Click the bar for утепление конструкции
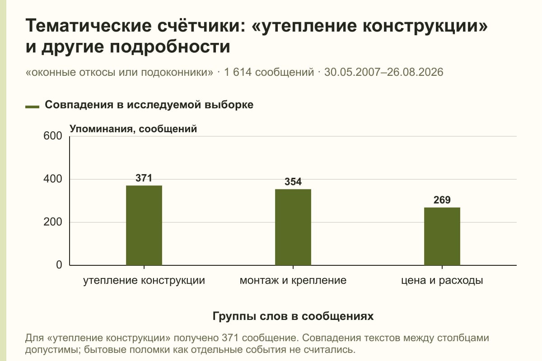pos(144,225)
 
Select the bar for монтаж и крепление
pos(293,227)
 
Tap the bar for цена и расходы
pos(442,236)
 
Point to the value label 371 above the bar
pos(144,178)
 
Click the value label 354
pos(293,182)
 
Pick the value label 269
pos(442,200)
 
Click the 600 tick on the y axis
pos(53,136)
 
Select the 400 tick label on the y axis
pos(53,179)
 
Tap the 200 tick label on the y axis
pos(53,222)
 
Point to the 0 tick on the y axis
pos(59,265)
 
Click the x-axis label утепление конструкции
pos(144,281)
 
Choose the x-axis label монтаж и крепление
pos(293,281)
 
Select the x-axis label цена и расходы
pos(442,281)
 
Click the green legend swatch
pos(32,107)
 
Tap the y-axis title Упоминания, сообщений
pos(133,129)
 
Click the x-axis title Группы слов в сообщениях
pos(293,316)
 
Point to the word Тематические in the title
pos(89,25)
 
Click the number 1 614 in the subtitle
pos(238,72)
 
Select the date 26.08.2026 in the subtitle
pos(415,72)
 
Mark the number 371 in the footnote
pos(230,338)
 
